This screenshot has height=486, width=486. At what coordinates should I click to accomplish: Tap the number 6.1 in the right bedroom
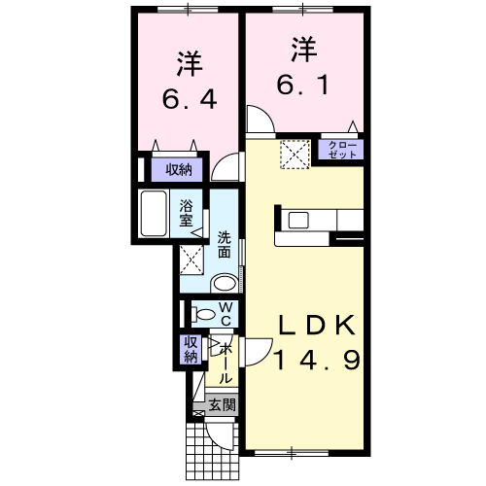tap(301, 84)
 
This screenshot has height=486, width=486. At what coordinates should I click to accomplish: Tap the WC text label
tap(224, 314)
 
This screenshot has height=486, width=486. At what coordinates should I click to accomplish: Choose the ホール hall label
tap(226, 364)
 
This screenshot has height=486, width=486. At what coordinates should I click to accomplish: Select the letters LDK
tap(307, 325)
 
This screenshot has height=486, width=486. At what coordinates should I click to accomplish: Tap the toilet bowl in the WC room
tap(205, 314)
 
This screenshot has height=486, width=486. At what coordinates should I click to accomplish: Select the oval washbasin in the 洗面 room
tap(224, 284)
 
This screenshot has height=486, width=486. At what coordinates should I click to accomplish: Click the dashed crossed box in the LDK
tap(294, 153)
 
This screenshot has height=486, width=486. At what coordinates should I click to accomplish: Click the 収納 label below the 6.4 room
tap(178, 170)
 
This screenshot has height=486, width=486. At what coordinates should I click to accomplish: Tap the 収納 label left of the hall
tap(191, 349)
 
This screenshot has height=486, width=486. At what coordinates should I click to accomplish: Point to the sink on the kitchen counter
tap(295, 220)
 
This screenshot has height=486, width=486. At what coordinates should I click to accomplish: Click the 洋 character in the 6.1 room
tap(301, 48)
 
